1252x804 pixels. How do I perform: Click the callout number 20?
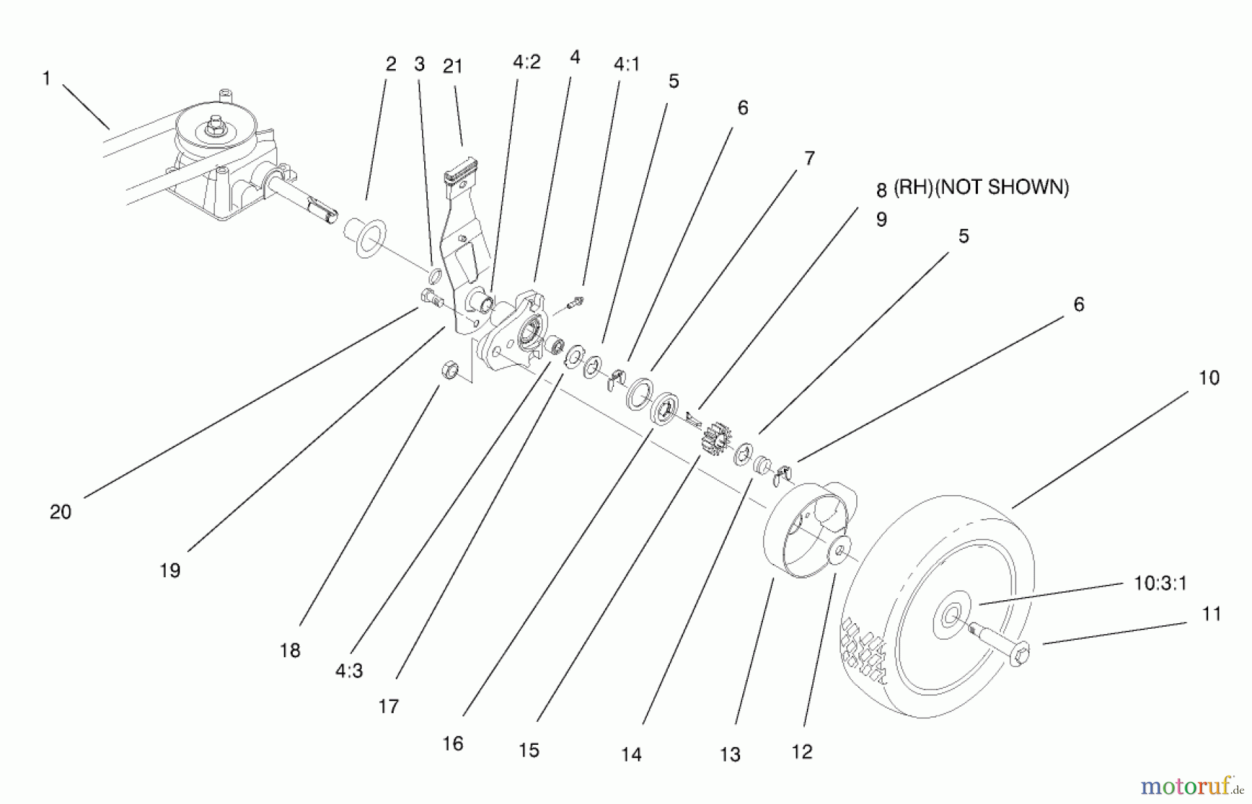pyautogui.click(x=61, y=512)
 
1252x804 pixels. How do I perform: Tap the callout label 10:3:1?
pyautogui.click(x=1160, y=583)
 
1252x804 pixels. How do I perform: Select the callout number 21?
pyautogui.click(x=453, y=66)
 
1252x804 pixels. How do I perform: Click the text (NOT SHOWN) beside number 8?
pyautogui.click(x=1002, y=187)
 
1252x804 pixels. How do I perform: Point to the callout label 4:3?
pyautogui.click(x=348, y=670)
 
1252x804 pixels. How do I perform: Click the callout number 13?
pyautogui.click(x=730, y=754)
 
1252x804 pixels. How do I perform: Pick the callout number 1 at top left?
pyautogui.click(x=47, y=78)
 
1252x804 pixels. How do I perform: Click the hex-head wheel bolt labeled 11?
pyautogui.click(x=1002, y=645)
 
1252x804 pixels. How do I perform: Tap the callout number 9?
pyautogui.click(x=881, y=220)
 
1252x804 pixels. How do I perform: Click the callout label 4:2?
pyautogui.click(x=527, y=63)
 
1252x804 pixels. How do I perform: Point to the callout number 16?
pyautogui.click(x=453, y=743)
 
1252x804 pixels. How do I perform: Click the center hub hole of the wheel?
pyautogui.click(x=949, y=616)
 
